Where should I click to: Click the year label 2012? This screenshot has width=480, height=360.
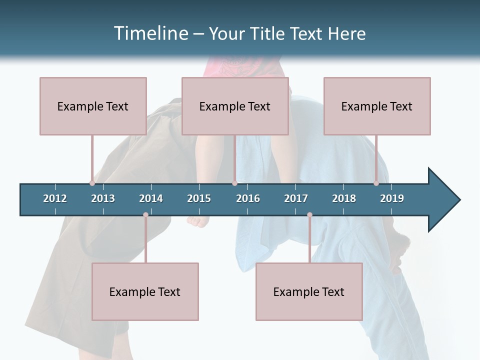[55, 198]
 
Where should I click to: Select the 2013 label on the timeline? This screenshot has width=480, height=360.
[103, 198]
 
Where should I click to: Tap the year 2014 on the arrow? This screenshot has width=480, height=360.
[151, 198]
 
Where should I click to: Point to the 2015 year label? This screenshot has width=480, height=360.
[199, 198]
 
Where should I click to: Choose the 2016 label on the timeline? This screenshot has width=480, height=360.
[248, 198]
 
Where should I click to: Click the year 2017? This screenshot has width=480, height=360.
[296, 198]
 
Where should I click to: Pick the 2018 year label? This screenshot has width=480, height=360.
[344, 198]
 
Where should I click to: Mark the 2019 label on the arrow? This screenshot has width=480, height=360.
[392, 198]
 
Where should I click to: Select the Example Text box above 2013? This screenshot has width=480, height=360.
[93, 106]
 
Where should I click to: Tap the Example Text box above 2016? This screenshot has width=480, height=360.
[235, 106]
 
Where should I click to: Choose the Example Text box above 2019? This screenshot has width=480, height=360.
[377, 106]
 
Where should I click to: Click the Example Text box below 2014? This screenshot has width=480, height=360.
[145, 291]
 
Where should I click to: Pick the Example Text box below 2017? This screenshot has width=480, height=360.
[309, 291]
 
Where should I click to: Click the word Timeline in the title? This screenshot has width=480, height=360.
[150, 33]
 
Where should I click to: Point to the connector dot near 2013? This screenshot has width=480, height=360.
[92, 183]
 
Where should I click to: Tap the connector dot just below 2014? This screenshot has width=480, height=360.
[145, 215]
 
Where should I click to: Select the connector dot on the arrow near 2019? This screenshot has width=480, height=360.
[376, 183]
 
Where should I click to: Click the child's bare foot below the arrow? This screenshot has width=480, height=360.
[197, 221]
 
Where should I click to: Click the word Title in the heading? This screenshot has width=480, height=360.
[268, 33]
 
